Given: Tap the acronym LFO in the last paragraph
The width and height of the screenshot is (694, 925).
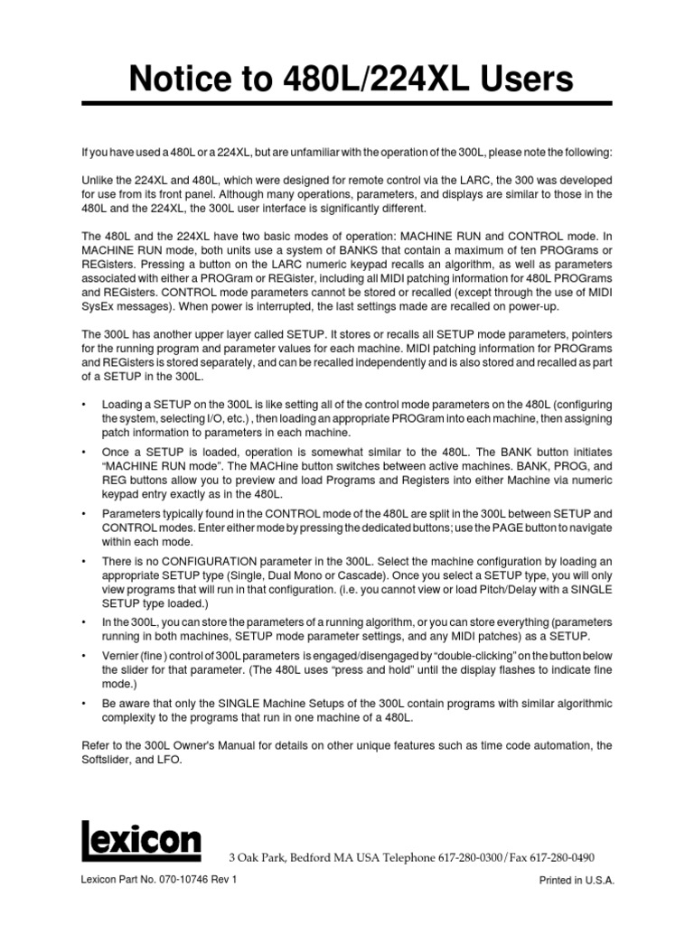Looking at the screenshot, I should (169, 760).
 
